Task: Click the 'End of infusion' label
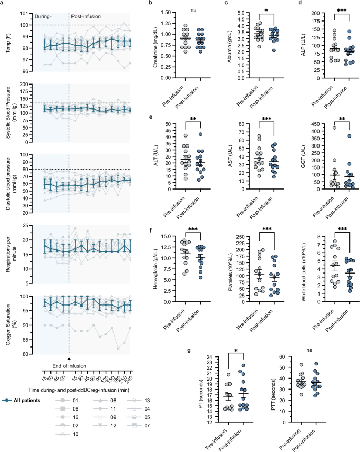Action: click(69, 366)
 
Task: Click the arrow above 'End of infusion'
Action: click(69, 358)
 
